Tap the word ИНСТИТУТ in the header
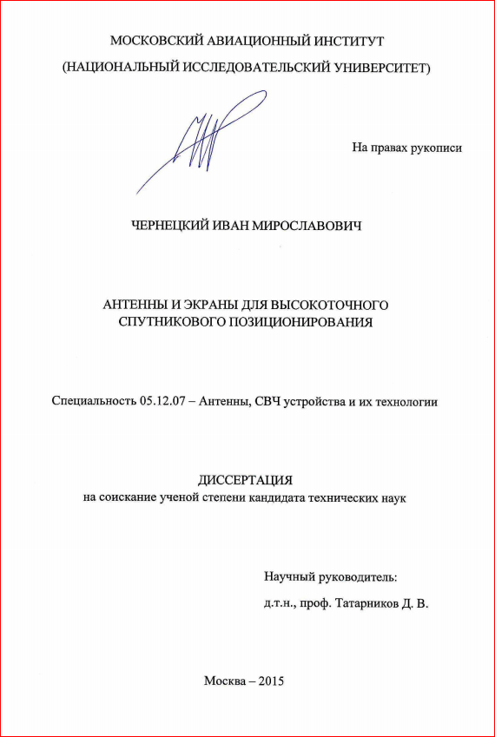(x=347, y=41)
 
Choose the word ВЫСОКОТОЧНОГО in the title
(x=331, y=305)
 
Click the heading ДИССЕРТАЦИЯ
(x=247, y=481)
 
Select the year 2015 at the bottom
(x=271, y=681)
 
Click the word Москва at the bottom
(x=224, y=681)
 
